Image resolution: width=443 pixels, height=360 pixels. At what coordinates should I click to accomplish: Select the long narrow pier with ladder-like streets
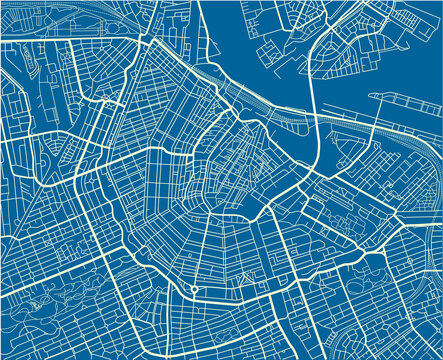405,99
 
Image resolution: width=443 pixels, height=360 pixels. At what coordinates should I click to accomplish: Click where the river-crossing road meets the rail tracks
314,128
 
